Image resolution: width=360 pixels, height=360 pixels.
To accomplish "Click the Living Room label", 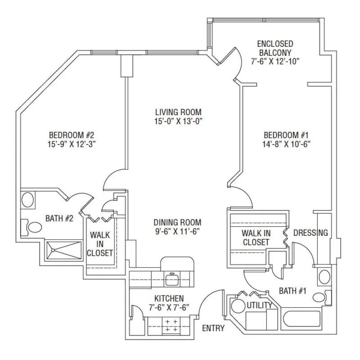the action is point(178,112).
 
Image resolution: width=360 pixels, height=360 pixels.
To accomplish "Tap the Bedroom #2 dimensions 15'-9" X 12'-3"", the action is point(72,144).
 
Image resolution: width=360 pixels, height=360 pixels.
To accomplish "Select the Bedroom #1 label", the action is point(286,135).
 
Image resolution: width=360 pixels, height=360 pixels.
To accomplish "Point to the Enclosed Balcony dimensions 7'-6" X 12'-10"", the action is point(275,61).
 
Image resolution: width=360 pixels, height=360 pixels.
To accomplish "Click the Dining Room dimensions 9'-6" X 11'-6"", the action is point(177,231).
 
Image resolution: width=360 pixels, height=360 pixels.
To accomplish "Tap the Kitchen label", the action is point(169,298).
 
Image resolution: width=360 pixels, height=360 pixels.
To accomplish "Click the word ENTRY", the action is point(213,328).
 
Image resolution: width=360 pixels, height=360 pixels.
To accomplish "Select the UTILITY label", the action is point(260,305).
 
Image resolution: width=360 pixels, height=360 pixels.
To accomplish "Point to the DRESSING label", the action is point(310,233).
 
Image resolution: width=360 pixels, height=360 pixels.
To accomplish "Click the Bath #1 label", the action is point(292,291).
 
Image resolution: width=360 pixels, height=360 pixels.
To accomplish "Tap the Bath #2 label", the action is point(59,218).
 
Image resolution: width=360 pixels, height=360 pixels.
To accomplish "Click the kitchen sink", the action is point(172,279).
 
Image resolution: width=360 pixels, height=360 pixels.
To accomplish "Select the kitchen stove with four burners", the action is point(172,325).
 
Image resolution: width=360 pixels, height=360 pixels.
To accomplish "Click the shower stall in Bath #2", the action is point(64,250).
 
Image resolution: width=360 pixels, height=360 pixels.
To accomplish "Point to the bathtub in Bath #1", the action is point(301,319).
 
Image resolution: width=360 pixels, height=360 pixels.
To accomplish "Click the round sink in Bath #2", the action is point(27,200).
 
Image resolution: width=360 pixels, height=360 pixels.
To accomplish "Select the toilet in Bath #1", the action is point(322,297).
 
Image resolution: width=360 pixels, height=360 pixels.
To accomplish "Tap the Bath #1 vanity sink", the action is point(324,277).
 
